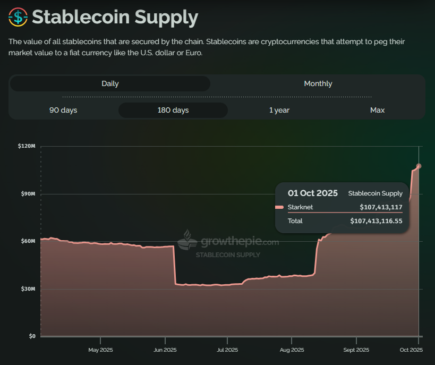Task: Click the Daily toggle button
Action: tap(110, 83)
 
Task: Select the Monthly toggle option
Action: tap(318, 83)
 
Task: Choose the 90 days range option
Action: tap(63, 110)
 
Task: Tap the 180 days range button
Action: tap(173, 110)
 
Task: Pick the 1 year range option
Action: tap(279, 110)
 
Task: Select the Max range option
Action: tap(377, 110)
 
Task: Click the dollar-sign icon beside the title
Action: tap(18, 18)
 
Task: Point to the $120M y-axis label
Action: tap(27, 146)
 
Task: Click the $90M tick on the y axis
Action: tap(28, 194)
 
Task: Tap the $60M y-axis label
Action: tap(28, 241)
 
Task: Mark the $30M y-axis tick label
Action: tap(28, 289)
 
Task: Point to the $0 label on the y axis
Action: tap(31, 336)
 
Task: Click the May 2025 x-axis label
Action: tap(100, 350)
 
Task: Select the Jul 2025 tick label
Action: tap(227, 350)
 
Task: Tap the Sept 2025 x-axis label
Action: tap(356, 350)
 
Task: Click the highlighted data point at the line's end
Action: tap(419, 166)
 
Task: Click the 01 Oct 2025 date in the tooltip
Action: tap(312, 193)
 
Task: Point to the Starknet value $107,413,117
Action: tap(381, 207)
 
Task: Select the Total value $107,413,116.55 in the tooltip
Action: tap(376, 220)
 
